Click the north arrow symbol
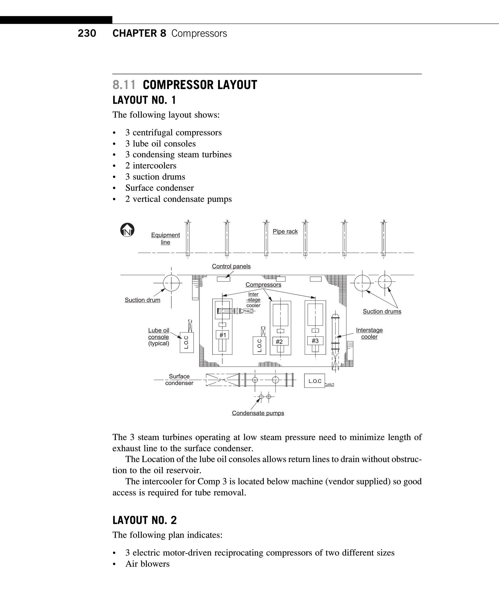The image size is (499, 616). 127,230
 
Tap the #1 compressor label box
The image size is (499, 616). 223,335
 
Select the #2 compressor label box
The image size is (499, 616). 279,341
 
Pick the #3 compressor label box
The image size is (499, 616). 315,341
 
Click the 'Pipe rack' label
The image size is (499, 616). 285,232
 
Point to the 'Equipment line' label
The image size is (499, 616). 165,239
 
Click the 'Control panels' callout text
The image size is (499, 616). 231,266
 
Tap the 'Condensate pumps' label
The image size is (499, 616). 258,413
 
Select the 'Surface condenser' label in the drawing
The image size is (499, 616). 179,380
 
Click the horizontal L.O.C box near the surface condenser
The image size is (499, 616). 315,381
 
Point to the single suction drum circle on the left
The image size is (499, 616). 171,283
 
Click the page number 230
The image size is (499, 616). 87,33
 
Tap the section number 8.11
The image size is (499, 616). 124,85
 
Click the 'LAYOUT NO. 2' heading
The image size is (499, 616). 145,520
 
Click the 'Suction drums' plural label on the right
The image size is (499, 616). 382,311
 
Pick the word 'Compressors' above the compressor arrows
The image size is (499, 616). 263,285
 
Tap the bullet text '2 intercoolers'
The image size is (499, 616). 151,166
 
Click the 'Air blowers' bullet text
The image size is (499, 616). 148,564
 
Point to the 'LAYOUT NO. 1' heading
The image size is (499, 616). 144,100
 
